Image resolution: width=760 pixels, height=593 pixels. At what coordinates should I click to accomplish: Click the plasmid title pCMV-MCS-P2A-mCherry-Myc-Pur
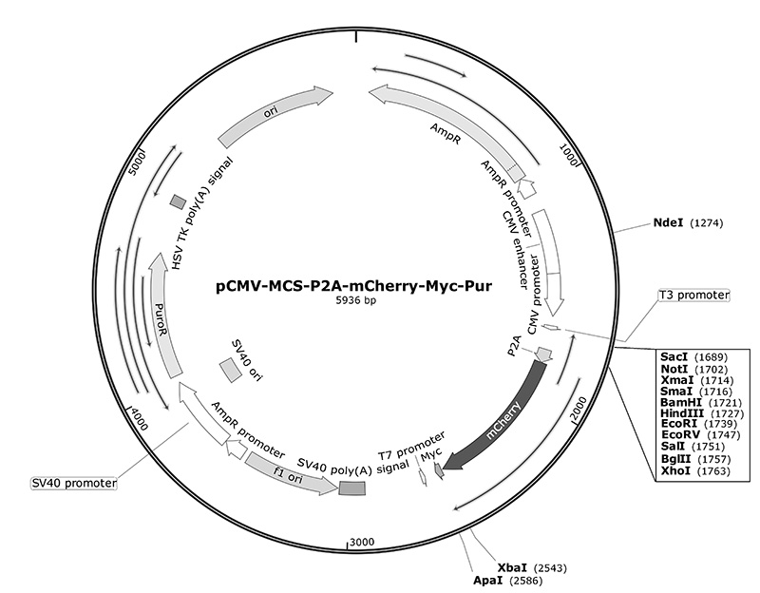click(x=353, y=287)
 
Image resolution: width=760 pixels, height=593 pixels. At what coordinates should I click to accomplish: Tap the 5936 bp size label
click(x=356, y=300)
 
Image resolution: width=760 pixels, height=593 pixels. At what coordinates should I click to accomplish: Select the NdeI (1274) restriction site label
click(x=688, y=223)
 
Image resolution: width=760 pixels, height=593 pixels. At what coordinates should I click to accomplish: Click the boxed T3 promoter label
click(x=693, y=296)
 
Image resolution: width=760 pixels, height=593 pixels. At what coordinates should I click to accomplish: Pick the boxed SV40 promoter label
click(x=74, y=484)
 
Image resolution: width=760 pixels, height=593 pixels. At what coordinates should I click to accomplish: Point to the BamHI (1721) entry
click(x=701, y=402)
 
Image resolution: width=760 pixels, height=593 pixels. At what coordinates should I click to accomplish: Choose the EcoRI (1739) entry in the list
click(x=698, y=424)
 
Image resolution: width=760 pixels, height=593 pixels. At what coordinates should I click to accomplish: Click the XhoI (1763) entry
click(x=695, y=470)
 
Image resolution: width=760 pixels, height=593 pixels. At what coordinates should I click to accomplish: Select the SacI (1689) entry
click(x=693, y=357)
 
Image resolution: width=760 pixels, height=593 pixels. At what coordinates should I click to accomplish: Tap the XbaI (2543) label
click(x=532, y=567)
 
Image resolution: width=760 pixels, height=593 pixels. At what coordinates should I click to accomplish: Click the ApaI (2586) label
click(x=508, y=581)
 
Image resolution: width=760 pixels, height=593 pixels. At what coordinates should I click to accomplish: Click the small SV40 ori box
click(x=230, y=371)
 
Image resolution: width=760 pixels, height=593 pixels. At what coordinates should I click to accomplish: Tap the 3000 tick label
click(x=362, y=542)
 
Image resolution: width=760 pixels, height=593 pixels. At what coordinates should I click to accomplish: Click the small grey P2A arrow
click(x=543, y=354)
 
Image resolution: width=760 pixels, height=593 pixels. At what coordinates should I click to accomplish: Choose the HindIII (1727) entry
click(x=702, y=413)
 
